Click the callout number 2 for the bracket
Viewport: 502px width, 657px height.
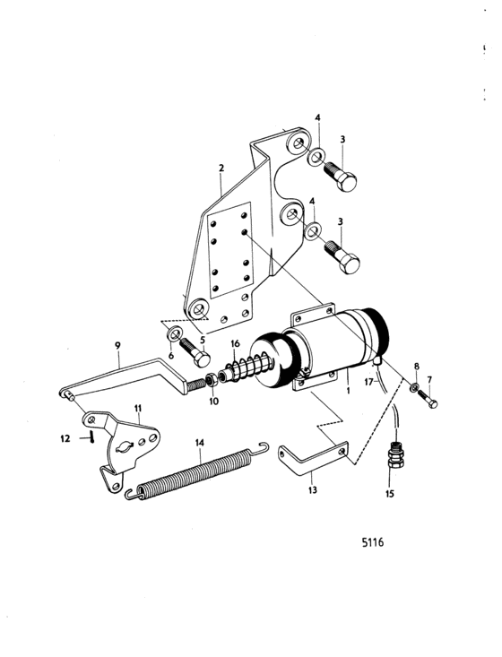tap(221, 169)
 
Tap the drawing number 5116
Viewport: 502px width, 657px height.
tap(373, 542)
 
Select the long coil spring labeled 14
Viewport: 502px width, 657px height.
tap(197, 471)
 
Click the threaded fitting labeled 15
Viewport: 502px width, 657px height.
tap(394, 456)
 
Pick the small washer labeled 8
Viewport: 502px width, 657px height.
tap(414, 387)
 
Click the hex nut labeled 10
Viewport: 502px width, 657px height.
tap(212, 380)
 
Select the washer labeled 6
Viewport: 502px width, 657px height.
tap(174, 334)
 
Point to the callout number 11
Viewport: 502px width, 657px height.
tap(138, 408)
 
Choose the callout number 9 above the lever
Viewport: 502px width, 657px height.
tap(117, 345)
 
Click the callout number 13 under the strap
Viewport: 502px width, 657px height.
tap(313, 489)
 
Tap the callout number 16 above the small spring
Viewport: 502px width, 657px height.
tap(235, 344)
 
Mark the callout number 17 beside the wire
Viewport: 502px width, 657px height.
tap(368, 382)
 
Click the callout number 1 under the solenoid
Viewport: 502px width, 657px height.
tap(348, 390)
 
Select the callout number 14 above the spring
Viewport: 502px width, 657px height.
tap(200, 443)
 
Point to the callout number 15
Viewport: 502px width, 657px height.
tap(390, 494)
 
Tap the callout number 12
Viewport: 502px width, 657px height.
tap(65, 438)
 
